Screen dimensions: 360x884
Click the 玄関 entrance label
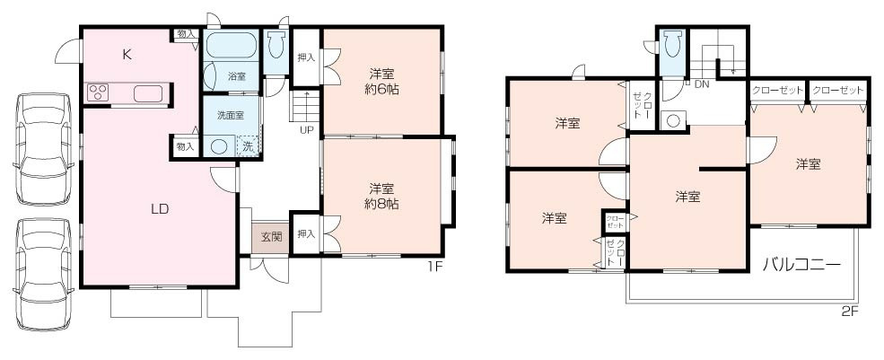point(271,238)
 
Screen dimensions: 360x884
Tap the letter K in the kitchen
point(127,55)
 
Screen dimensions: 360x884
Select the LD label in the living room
point(160,209)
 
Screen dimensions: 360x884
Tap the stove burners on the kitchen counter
point(97,92)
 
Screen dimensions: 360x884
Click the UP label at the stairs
point(307,129)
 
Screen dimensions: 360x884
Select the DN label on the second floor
point(702,84)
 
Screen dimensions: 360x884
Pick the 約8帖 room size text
point(382,204)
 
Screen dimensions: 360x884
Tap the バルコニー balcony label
point(801,265)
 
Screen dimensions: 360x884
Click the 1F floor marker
point(434,267)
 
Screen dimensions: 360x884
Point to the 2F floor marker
point(850,312)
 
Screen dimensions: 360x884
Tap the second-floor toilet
point(672,48)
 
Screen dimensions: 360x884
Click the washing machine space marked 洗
point(248,146)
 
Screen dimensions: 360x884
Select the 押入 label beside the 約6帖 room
point(306,57)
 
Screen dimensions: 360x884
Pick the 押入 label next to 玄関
point(306,234)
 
